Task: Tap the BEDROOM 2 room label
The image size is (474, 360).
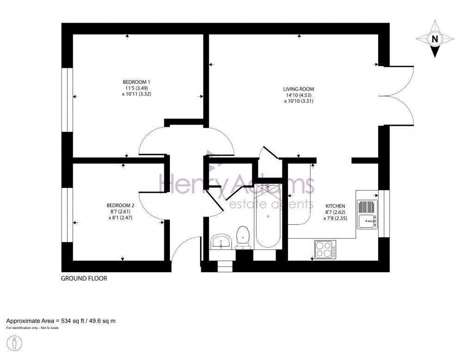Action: click(120, 205)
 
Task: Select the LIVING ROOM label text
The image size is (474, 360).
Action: click(299, 89)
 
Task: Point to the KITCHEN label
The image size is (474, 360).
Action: click(335, 206)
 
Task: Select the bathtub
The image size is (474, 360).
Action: click(268, 216)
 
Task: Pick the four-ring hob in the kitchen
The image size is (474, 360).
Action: click(325, 250)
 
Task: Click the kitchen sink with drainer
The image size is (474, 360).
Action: click(368, 214)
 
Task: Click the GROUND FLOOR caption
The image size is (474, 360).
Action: click(84, 279)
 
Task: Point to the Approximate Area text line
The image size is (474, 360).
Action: click(60, 321)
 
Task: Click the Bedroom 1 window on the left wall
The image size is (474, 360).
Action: click(68, 99)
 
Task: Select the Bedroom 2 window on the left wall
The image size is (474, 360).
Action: click(68, 215)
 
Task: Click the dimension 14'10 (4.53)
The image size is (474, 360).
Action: click(299, 95)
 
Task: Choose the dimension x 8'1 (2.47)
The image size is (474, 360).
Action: click(120, 217)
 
